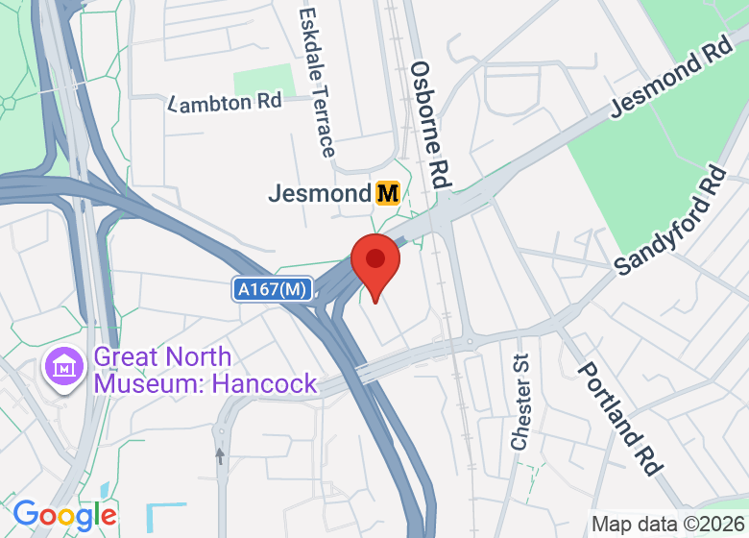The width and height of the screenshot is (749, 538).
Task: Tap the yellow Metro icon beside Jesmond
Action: (x=387, y=193)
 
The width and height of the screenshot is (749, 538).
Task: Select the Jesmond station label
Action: (x=319, y=193)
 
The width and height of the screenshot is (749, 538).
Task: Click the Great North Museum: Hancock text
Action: (x=205, y=371)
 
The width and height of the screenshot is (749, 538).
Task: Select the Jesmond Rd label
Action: (x=670, y=80)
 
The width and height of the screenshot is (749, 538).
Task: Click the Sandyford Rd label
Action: (x=671, y=222)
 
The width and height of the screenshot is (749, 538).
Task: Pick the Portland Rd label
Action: (x=620, y=419)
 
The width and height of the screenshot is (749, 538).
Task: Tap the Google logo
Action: (x=64, y=515)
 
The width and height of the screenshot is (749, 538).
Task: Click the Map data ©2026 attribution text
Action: (x=668, y=525)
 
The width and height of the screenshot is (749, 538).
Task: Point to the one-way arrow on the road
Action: (x=220, y=454)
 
